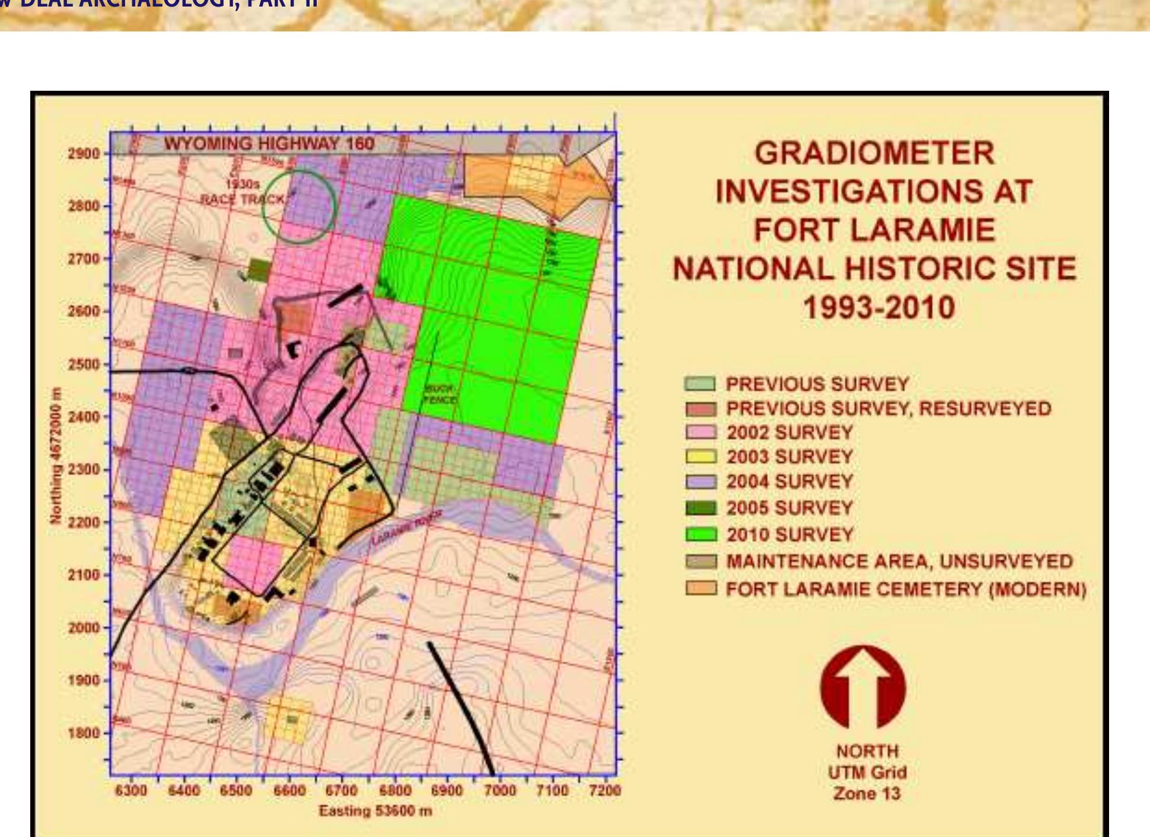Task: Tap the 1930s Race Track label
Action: coord(243,192)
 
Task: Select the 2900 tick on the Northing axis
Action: coord(84,154)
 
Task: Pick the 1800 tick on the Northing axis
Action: coord(84,733)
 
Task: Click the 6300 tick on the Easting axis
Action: coord(130,790)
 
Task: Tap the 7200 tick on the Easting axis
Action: coord(604,790)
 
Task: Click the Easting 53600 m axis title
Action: coord(375,811)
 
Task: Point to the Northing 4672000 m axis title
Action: coord(56,456)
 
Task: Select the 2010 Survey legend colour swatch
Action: coord(700,534)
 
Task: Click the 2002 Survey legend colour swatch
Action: coord(700,432)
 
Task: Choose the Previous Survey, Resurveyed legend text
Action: coord(888,408)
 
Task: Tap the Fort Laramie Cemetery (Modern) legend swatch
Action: coord(700,588)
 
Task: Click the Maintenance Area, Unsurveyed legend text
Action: coord(899,561)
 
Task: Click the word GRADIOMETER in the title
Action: coord(874,153)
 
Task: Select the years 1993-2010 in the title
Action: coord(878,308)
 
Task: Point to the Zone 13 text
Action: coord(867,794)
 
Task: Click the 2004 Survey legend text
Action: coord(789,481)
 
